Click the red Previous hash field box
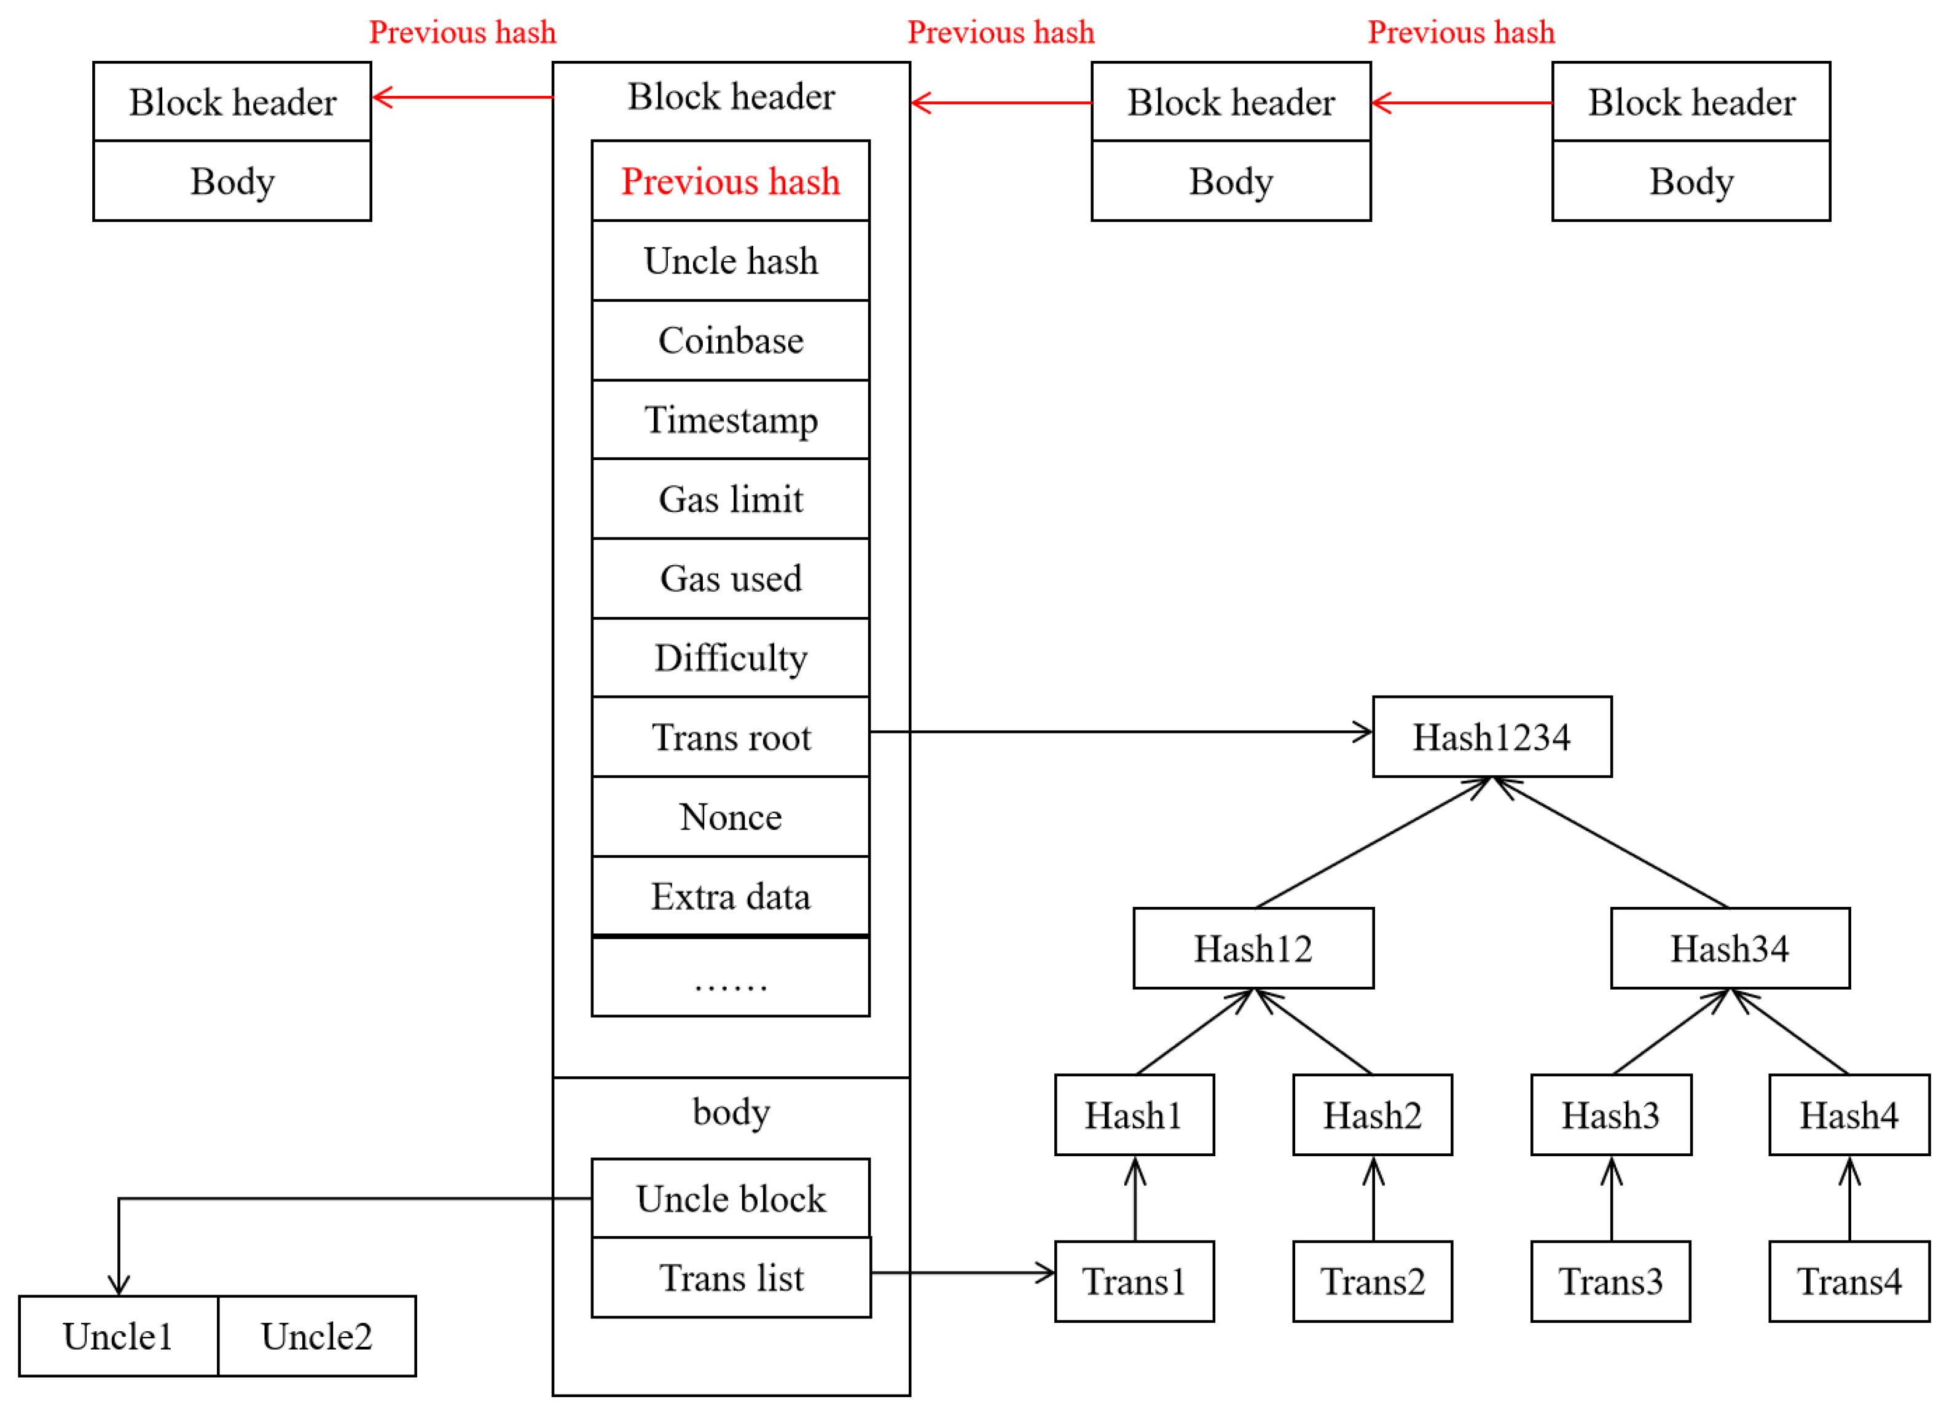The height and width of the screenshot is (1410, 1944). tap(731, 181)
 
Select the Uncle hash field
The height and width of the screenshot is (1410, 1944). tap(731, 260)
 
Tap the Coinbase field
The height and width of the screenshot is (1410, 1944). tap(731, 340)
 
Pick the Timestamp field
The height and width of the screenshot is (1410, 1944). tap(731, 420)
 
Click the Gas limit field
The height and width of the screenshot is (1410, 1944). tap(731, 499)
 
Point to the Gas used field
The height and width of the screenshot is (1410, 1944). tap(731, 579)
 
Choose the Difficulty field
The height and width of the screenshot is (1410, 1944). tap(731, 658)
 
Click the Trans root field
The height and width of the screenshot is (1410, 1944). tap(731, 737)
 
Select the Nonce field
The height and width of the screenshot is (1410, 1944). tap(731, 817)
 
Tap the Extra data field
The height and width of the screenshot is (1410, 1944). tap(731, 896)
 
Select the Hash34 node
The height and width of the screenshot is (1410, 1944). tap(1730, 949)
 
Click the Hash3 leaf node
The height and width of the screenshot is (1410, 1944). tap(1610, 1115)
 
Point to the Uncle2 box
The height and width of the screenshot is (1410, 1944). tap(316, 1336)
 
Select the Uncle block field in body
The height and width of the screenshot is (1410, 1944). tap(731, 1198)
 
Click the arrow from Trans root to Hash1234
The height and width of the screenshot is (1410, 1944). tap(1115, 732)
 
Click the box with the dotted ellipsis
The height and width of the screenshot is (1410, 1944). tap(731, 977)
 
